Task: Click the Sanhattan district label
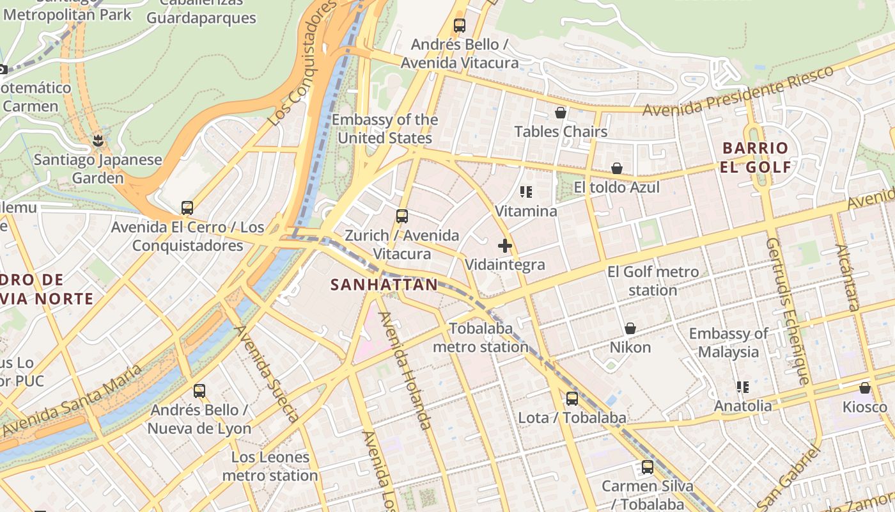click(x=384, y=285)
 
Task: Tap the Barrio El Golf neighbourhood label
click(x=755, y=157)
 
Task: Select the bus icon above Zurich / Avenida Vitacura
click(x=401, y=216)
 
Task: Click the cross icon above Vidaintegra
click(x=505, y=246)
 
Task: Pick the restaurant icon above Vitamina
click(x=526, y=192)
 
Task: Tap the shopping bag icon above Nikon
click(x=630, y=328)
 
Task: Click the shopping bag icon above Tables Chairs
click(x=561, y=113)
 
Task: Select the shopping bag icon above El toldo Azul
click(x=617, y=168)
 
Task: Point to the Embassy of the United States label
click(x=385, y=129)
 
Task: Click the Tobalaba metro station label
click(x=481, y=337)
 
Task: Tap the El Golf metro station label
click(x=653, y=281)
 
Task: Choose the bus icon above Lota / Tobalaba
click(x=572, y=399)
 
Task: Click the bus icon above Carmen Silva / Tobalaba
click(x=648, y=467)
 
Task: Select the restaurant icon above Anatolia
click(x=742, y=387)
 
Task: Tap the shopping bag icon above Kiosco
click(x=865, y=388)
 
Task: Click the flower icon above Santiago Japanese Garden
click(x=98, y=140)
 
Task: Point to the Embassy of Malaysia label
click(x=728, y=342)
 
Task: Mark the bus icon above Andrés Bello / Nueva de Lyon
click(x=199, y=390)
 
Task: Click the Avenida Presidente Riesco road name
click(x=738, y=92)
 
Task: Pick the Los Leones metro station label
click(x=270, y=466)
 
